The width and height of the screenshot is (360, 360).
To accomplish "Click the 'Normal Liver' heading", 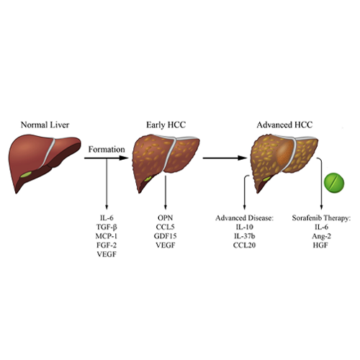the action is click(45, 125).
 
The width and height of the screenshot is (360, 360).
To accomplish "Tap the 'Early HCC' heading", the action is click(166, 125).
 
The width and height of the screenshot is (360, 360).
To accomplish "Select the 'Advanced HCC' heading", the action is click(284, 125).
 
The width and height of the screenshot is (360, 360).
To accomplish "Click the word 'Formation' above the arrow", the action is click(107, 149).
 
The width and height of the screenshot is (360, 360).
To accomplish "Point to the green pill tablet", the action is click(334, 183).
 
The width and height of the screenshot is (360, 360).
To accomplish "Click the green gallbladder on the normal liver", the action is click(26, 174).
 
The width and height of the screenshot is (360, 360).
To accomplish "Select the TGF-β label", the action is click(107, 227).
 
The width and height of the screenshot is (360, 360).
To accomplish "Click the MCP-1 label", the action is click(107, 236).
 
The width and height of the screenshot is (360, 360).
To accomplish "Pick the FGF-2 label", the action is click(107, 246).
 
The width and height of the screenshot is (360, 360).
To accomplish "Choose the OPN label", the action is click(165, 218).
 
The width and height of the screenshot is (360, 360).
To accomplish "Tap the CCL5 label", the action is click(165, 227).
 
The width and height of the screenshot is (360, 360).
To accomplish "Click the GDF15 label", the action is click(165, 236).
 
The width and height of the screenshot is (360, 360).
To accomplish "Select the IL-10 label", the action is click(244, 227).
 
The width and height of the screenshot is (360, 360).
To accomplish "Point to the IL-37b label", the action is click(244, 236).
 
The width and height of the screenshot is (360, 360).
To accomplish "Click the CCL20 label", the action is click(244, 246).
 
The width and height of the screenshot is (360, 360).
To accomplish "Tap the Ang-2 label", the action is click(321, 236).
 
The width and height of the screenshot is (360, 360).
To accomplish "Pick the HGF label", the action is click(320, 246).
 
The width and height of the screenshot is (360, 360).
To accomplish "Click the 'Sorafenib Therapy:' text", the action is click(321, 218).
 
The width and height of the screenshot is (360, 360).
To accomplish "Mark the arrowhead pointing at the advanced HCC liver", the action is click(242, 158).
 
